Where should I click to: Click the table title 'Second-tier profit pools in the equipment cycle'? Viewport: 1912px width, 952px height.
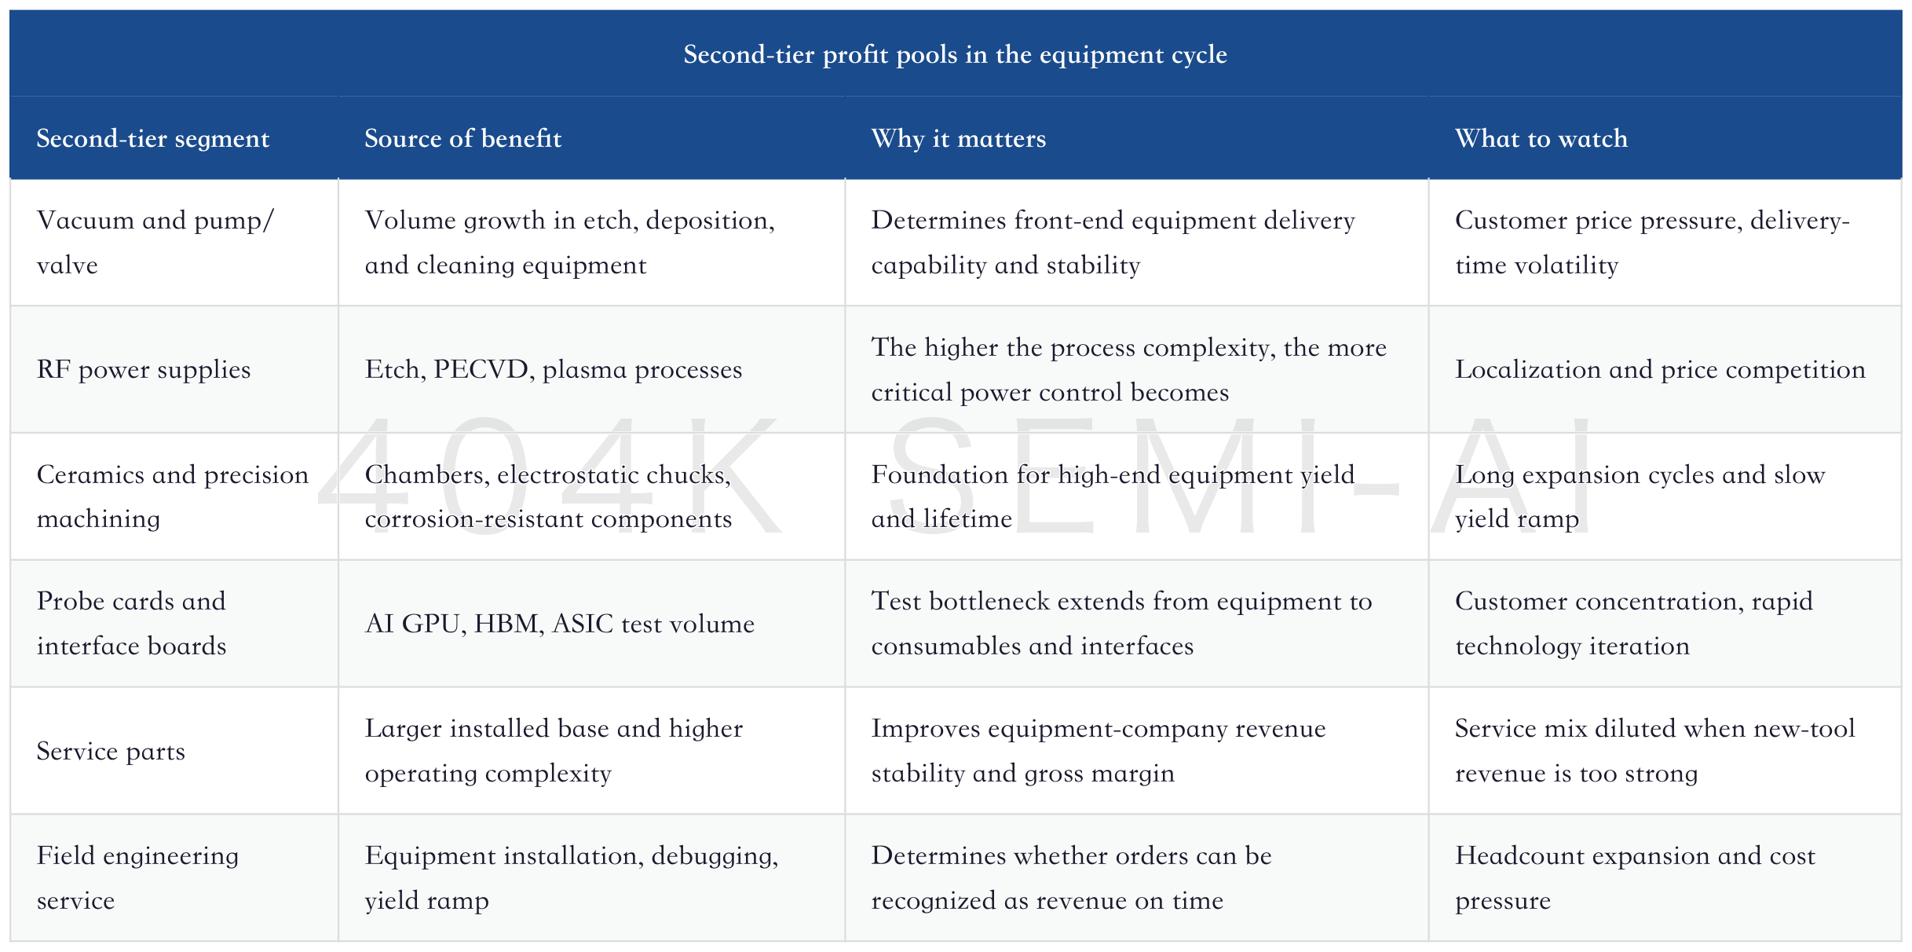pos(955,54)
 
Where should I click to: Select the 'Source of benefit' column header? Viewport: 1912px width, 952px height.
pos(463,138)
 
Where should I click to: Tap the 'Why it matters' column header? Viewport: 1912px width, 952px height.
pos(959,138)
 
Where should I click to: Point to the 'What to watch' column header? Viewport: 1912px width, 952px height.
pos(1541,138)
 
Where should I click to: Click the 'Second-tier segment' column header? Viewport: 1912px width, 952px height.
pos(153,138)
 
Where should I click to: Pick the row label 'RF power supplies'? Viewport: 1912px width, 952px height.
pos(144,369)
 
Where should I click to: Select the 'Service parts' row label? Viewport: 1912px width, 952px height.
pos(111,751)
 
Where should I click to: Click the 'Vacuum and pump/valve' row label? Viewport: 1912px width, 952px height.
pos(155,242)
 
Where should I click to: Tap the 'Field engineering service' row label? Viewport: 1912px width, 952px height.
pos(137,877)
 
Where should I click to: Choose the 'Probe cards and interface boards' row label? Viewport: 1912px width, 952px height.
pos(131,623)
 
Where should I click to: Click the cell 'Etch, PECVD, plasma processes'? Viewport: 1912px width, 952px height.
pos(554,369)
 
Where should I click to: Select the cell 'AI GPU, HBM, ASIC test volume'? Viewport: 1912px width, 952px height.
pos(560,624)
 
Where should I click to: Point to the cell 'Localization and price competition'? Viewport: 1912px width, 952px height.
pos(1660,369)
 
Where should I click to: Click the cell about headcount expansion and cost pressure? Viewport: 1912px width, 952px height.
pos(1635,877)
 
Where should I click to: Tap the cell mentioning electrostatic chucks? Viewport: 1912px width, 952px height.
pos(548,496)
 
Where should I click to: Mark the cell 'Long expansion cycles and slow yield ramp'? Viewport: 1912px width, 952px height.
pos(1640,496)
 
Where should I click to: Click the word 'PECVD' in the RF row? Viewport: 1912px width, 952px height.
pos(481,369)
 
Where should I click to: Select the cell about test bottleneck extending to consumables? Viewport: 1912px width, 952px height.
pos(1121,623)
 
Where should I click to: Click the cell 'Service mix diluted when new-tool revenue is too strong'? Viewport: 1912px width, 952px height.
pos(1655,750)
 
